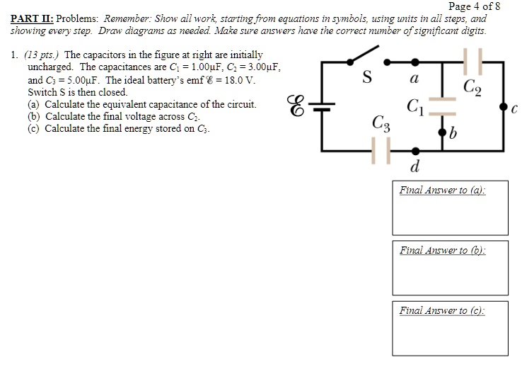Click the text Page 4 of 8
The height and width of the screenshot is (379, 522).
coord(474,6)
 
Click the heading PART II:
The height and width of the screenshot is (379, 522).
coord(33,18)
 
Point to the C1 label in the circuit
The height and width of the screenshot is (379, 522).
coord(416,107)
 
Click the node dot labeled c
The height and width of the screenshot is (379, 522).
coord(503,106)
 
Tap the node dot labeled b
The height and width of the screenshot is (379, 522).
coord(443,132)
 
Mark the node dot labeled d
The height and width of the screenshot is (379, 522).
coord(414,150)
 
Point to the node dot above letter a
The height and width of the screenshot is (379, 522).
coord(414,62)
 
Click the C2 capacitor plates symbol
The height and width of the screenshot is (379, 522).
coord(472,62)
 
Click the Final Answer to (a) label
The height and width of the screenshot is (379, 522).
coord(443,190)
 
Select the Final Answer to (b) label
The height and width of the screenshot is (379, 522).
coord(443,250)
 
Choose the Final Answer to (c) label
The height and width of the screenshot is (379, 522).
coord(443,310)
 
